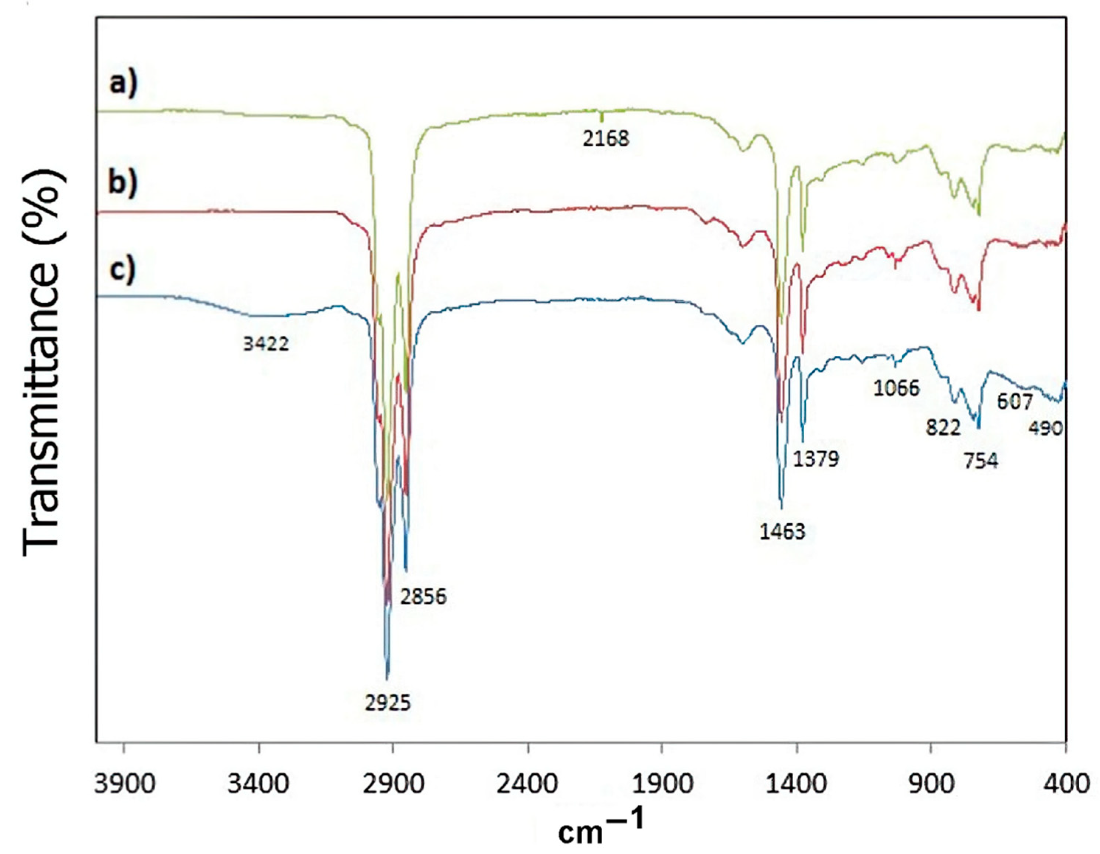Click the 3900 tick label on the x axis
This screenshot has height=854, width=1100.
pos(124,785)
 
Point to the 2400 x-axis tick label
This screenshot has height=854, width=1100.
pos(528,785)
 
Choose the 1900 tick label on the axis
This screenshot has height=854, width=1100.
pos(662,785)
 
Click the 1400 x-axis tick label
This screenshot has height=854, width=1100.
pos(796,785)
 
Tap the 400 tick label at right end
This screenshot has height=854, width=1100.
pos(1065,785)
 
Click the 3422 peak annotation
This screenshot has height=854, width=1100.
pos(266,344)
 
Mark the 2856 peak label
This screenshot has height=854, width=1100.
pos(424,597)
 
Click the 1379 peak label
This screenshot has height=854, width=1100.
pos(816,459)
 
